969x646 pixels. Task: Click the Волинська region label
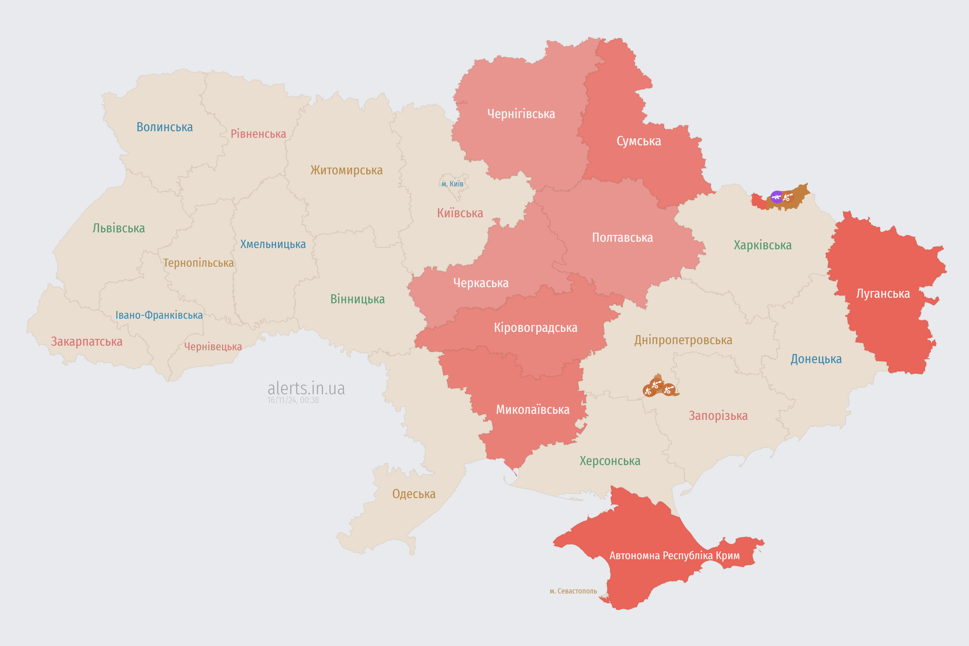(164, 127)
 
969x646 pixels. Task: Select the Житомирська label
(346, 170)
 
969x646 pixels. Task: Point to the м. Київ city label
(452, 184)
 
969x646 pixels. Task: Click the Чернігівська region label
(521, 114)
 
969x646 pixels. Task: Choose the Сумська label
(639, 141)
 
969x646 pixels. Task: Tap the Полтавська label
(622, 238)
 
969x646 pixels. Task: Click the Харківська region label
(763, 245)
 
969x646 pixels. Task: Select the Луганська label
(883, 294)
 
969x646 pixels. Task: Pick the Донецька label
(816, 359)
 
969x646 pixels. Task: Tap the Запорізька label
(718, 416)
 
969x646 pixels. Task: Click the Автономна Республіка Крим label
(675, 556)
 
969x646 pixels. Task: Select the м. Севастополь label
(573, 591)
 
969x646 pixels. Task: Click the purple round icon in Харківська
(777, 197)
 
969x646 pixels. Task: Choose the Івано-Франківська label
(159, 315)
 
